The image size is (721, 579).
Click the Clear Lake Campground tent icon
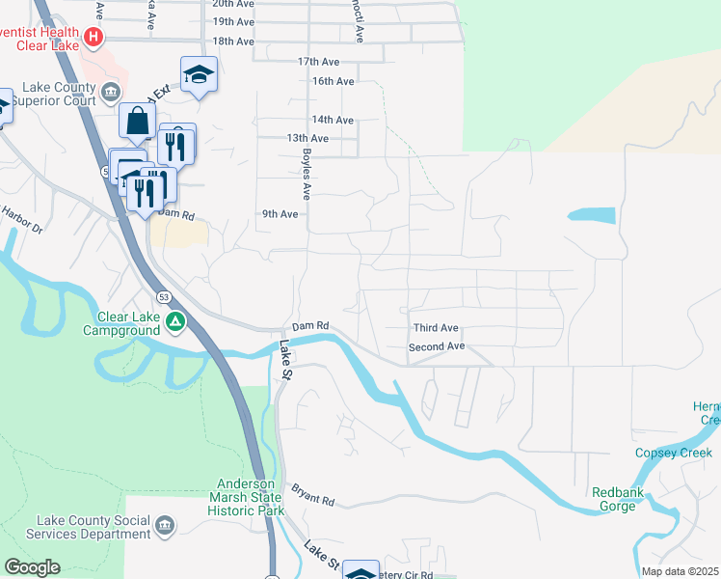pos(174,321)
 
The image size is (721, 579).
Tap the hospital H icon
pos(93,39)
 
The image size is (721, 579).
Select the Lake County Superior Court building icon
pos(112,93)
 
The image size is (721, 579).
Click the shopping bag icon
pos(137,121)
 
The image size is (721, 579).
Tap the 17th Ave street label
pos(319,61)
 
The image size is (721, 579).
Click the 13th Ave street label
pos(307,138)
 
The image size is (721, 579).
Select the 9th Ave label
pos(280,214)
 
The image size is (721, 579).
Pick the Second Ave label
pos(437,346)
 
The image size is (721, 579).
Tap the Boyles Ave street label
pos(306,174)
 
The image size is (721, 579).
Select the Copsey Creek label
pos(673,453)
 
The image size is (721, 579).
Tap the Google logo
pos(32,567)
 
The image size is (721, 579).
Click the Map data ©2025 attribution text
pos(680,571)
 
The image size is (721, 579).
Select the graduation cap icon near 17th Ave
pos(199,74)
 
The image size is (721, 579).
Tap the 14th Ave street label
pos(334,120)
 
